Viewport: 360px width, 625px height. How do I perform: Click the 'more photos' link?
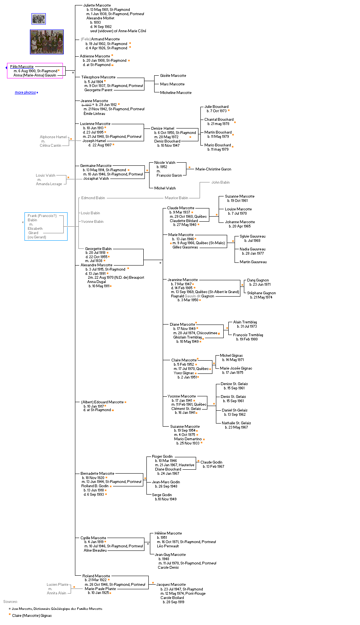25,92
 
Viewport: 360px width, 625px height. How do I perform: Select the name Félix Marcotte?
22,67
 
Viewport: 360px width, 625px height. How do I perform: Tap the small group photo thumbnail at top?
38,19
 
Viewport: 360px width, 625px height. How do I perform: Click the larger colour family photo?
47,42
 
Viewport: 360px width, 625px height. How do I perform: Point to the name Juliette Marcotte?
97,5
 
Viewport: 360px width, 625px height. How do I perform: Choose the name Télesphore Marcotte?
98,77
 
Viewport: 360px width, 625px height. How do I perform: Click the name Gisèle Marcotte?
173,76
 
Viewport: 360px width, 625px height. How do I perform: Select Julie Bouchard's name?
216,107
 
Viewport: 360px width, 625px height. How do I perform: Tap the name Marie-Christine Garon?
213,169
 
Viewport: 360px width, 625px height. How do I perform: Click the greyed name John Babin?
220,182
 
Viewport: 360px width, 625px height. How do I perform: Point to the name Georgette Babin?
98,249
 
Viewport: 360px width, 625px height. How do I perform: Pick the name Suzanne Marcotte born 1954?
185,427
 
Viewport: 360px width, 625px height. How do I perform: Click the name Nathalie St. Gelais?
236,423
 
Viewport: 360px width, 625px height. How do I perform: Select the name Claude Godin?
211,462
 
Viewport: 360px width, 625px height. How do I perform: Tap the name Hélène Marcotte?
168,533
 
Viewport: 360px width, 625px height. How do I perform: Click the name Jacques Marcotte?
171,585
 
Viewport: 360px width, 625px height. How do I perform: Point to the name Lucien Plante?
57,585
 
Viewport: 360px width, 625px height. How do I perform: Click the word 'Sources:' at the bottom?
10,602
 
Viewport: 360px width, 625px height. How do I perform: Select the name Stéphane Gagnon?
261,293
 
